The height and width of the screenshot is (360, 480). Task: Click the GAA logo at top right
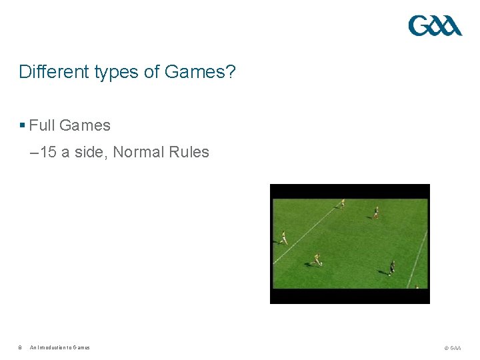click(435, 26)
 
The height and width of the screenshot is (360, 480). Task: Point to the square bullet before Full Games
click(22, 125)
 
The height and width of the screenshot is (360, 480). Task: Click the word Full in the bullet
click(42, 125)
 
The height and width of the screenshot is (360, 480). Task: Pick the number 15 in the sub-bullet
click(48, 153)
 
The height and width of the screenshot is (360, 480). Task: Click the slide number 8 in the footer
click(20, 347)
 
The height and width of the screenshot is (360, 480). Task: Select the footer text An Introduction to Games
click(60, 347)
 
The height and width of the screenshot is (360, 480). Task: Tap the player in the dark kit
click(392, 267)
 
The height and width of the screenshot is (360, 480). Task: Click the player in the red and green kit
click(376, 212)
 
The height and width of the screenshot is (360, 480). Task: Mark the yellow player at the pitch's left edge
click(284, 237)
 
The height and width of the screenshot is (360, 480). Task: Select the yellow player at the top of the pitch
click(343, 203)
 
